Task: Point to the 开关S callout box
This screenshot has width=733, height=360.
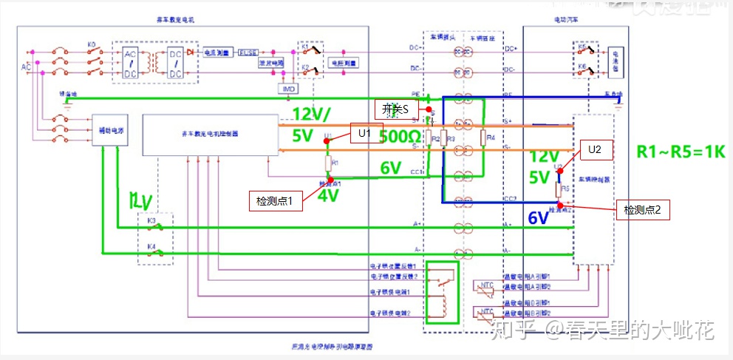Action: [395, 109]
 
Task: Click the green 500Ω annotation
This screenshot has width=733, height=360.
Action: [400, 137]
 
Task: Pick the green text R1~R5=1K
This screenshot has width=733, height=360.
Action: [681, 152]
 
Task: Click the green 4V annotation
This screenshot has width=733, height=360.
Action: [328, 197]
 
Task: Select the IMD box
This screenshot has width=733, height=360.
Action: [289, 89]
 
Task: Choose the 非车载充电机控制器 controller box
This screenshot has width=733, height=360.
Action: [210, 135]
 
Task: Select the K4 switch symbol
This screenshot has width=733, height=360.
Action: [155, 252]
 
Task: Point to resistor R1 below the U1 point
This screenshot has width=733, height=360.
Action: [328, 163]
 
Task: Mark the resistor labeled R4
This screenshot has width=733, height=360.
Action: [482, 137]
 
